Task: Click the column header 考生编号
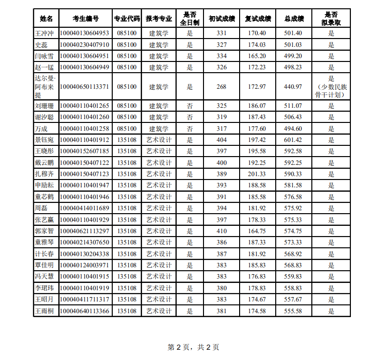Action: point(85,19)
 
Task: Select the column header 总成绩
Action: point(294,19)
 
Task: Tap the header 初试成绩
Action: point(222,19)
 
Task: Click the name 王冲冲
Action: point(46,33)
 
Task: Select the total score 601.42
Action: point(293,140)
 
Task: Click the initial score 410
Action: point(222,231)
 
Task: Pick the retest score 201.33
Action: point(257,174)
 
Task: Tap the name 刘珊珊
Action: point(46,106)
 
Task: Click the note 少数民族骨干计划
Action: point(331,91)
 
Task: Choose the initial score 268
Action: point(222,87)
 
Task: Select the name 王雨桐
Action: point(46,311)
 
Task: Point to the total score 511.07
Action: point(293,106)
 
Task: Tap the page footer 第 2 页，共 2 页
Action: point(193,347)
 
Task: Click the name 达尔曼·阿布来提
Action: point(46,87)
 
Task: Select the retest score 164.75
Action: point(257,231)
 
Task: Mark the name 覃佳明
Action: point(46,265)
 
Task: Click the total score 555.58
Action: point(293,311)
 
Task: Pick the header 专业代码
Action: point(127,19)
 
